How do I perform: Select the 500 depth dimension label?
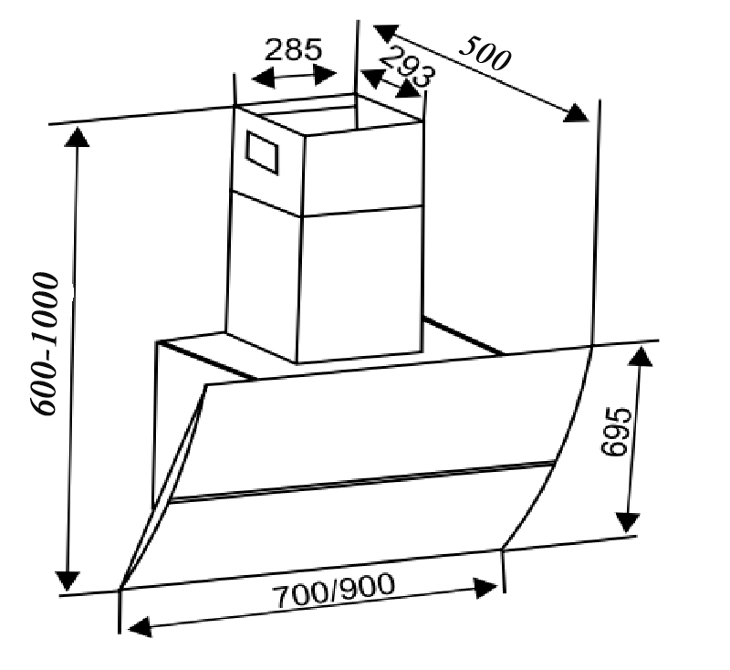click(485, 53)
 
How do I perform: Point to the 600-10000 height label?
click(45, 343)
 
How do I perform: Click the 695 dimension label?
click(616, 432)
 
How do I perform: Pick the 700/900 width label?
click(333, 591)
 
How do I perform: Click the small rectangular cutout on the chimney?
click(262, 152)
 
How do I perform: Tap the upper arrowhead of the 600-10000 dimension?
click(77, 137)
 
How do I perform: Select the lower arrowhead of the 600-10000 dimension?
click(68, 581)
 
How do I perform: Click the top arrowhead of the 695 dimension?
click(641, 356)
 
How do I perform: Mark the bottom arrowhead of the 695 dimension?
click(628, 522)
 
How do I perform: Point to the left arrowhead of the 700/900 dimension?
click(140, 627)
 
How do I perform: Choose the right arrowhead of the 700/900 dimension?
click(485, 589)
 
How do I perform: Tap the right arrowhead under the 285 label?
click(325, 75)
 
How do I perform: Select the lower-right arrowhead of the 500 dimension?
click(576, 112)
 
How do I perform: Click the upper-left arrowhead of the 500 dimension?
click(386, 34)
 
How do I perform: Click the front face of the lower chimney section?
click(360, 285)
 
